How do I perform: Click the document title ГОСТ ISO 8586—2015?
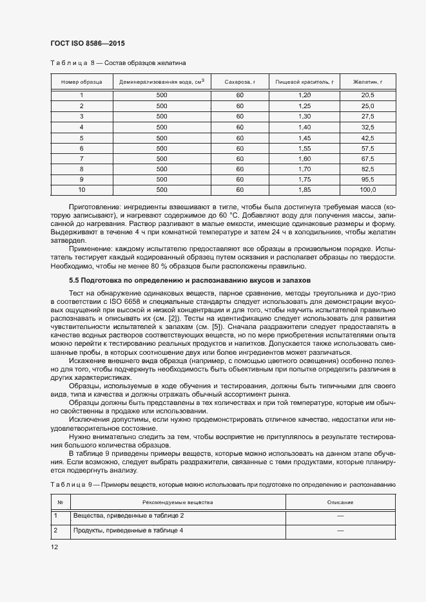(87, 43)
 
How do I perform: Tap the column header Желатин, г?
(367, 82)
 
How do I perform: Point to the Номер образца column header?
(81, 82)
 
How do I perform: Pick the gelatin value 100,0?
(367, 190)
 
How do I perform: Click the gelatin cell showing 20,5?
(367, 95)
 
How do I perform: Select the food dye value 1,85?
(304, 190)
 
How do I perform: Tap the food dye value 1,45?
(304, 138)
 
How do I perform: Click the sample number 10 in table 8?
(81, 190)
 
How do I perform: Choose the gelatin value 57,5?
(367, 148)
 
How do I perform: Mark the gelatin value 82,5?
(367, 169)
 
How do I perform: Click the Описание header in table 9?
(340, 502)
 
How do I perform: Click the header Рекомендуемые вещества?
(177, 502)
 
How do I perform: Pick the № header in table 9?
(60, 502)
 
